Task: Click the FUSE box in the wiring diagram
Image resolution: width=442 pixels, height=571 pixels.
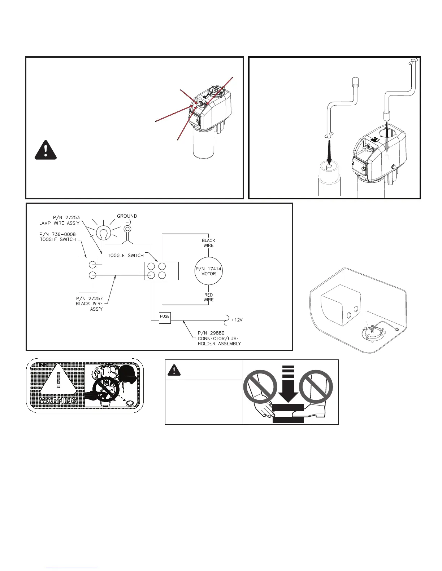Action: [165, 317]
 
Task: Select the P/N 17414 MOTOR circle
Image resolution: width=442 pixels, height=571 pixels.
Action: [209, 271]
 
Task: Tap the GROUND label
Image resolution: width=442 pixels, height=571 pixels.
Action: [127, 216]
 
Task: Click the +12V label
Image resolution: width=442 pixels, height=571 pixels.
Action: [237, 320]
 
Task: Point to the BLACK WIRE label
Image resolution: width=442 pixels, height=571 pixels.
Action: [208, 243]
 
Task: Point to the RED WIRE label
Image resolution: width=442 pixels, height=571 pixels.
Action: [208, 297]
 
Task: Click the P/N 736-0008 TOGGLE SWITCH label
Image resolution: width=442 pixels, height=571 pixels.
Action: [58, 237]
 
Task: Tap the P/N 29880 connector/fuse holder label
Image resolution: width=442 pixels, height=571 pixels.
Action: [219, 338]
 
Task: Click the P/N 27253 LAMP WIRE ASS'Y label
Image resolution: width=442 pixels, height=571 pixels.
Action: [60, 220]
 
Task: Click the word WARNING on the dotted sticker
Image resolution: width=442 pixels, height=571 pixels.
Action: [58, 400]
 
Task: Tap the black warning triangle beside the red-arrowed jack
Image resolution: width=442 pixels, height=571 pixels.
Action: [46, 150]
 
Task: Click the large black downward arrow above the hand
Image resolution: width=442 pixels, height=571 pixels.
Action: [288, 387]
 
